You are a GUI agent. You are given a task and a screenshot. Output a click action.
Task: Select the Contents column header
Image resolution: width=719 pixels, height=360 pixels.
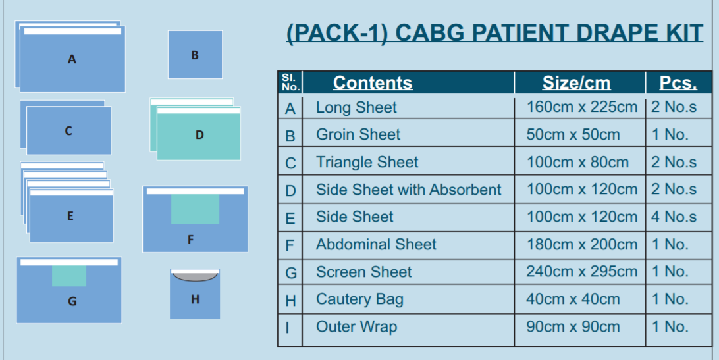[x=373, y=82]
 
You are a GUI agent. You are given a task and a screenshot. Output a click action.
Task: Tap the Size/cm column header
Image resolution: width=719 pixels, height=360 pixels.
[x=576, y=82]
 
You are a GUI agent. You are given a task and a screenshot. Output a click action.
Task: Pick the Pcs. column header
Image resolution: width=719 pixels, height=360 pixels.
[x=678, y=82]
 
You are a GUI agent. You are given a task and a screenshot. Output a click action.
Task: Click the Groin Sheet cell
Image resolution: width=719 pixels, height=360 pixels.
[x=358, y=134]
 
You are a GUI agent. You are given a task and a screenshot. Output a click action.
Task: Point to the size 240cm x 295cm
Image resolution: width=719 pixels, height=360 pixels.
[x=581, y=272]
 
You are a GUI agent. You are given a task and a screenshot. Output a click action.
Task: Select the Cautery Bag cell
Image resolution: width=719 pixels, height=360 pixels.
[x=359, y=299]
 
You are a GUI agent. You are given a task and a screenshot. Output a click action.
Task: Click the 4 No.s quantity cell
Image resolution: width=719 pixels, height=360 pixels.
[x=674, y=217]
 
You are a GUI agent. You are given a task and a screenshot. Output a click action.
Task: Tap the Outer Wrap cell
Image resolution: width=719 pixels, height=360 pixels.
[x=356, y=327]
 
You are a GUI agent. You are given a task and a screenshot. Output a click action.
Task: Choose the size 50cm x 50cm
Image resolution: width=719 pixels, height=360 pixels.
[x=573, y=134]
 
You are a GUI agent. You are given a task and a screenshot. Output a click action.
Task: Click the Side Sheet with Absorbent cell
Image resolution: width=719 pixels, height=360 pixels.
[x=409, y=190]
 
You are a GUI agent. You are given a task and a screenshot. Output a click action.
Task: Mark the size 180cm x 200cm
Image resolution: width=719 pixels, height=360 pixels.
[x=581, y=244]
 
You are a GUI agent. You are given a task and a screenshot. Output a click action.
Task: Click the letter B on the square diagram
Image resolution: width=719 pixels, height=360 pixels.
[x=195, y=55]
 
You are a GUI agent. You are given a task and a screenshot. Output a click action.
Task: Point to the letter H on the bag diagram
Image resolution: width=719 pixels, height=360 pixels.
[x=195, y=299]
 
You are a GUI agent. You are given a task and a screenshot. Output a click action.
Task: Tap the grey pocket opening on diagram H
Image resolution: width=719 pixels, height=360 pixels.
[x=195, y=276]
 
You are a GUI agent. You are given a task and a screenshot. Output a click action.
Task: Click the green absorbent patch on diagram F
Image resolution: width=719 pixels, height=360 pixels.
[x=196, y=209]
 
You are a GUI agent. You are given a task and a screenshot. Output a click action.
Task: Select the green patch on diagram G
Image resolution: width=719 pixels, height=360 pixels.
[x=69, y=276]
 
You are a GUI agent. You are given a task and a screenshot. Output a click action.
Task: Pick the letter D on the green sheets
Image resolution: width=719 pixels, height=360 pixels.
[x=200, y=135]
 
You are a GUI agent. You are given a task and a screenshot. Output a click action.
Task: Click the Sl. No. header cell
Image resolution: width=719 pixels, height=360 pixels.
[x=290, y=82]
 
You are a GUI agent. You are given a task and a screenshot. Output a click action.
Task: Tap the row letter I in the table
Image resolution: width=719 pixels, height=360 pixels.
[x=287, y=328]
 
